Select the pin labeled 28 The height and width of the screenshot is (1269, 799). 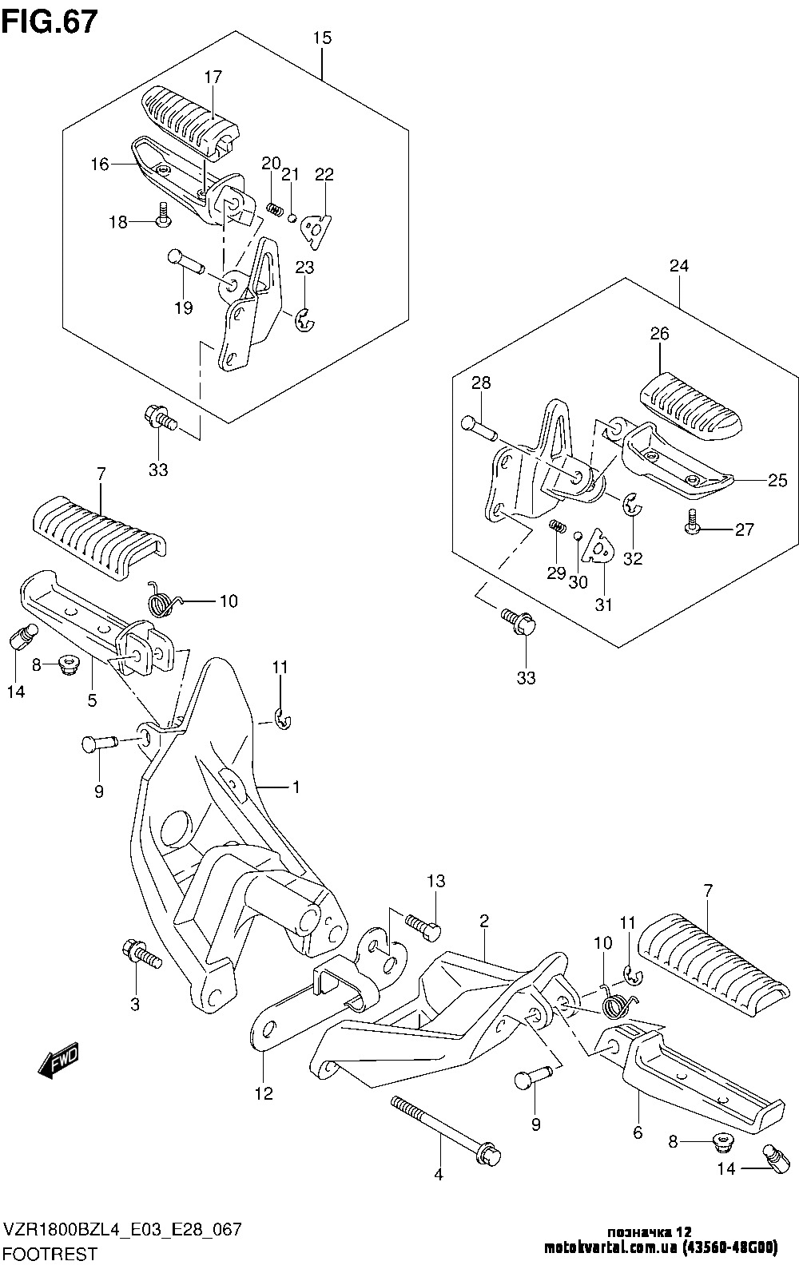pyautogui.click(x=479, y=427)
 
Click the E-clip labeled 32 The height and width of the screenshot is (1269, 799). pyautogui.click(x=632, y=505)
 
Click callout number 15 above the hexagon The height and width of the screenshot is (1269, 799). pyautogui.click(x=322, y=38)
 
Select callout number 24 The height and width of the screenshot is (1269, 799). pyautogui.click(x=679, y=266)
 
